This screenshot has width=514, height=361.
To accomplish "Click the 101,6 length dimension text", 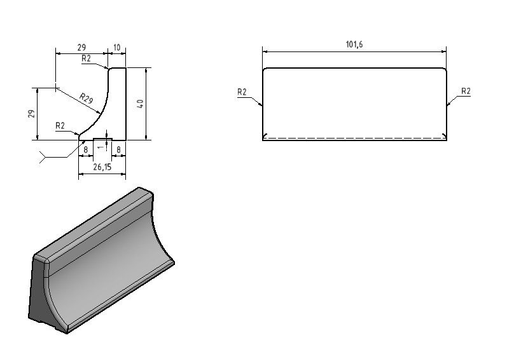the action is coord(354,44).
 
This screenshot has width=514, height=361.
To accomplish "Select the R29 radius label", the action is coord(87,99).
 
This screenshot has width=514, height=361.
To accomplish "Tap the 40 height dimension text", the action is coord(140,104).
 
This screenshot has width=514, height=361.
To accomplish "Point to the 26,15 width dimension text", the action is coord(102,167).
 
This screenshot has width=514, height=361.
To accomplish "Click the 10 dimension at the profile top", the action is coord(116,48).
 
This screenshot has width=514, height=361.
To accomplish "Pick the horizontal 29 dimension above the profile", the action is coord(81,48).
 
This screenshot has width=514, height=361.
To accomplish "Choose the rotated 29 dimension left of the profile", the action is coord(31,114).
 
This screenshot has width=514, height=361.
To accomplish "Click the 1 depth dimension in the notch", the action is coord(101,147).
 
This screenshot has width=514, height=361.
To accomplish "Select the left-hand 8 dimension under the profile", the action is coord(85,150).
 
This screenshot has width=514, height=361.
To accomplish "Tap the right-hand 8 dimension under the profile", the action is coord(118,150).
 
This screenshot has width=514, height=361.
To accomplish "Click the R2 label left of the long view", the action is coord(242,92).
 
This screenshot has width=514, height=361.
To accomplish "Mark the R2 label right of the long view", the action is coord(466,91).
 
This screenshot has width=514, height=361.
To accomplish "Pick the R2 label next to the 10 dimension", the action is coord(86,58).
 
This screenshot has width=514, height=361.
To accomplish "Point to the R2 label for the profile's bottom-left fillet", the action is coord(60,126).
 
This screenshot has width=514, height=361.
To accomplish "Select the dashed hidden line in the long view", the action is coord(355,137).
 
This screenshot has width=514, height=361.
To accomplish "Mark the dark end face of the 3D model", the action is coord(41,295).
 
